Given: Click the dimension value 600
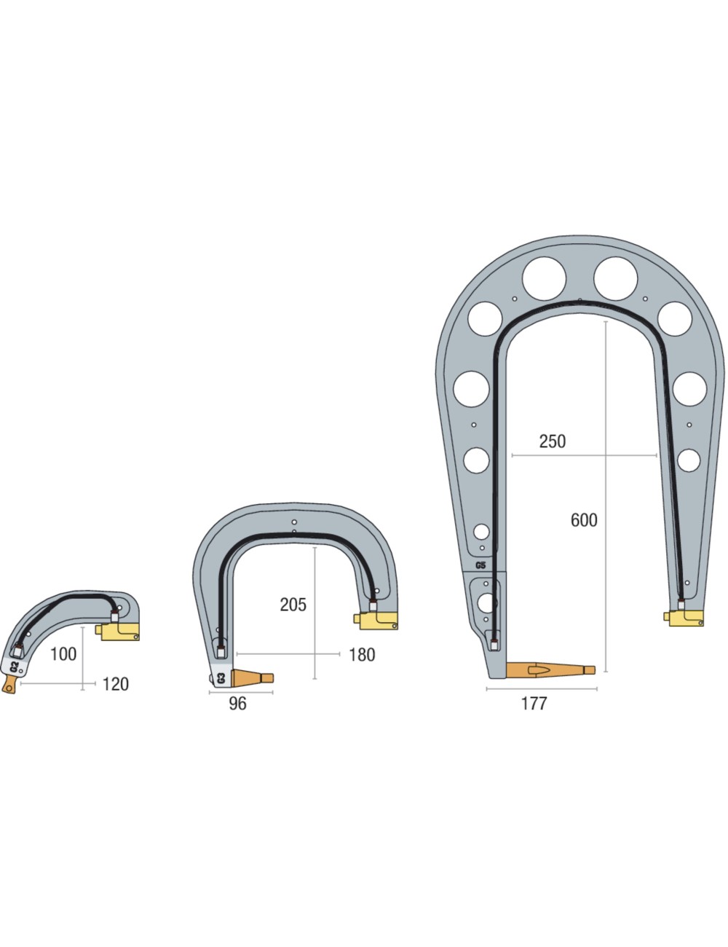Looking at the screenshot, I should [584, 520].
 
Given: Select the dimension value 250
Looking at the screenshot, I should [552, 441].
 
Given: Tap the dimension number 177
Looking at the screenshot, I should [534, 704].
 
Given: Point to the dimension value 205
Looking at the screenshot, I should [293, 605].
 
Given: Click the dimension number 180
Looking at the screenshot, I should [362, 655].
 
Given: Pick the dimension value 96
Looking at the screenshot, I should [237, 704].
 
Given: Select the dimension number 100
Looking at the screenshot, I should [63, 654].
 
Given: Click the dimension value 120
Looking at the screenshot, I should [115, 684].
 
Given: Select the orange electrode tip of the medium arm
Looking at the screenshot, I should [252, 677].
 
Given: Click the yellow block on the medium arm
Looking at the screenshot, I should [377, 620].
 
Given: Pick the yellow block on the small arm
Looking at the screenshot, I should [120, 631].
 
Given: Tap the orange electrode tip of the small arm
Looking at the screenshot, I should [10, 685].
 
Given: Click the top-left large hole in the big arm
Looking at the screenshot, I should [544, 277].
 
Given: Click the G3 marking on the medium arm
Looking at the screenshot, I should [221, 678].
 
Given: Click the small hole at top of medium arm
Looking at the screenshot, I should [294, 522].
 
